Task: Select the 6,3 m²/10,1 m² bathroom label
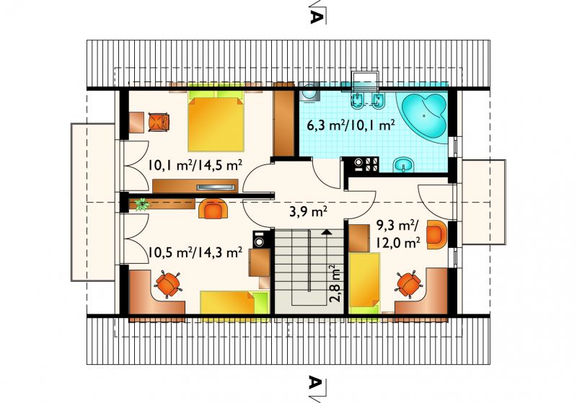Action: coord(351,125)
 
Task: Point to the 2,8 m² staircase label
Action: coord(334,283)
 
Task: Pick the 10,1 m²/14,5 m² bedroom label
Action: coord(195,164)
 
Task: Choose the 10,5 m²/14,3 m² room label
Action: coord(195,252)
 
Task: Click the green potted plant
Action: coord(141,204)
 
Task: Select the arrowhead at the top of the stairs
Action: coord(327,232)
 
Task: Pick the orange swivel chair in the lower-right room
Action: coord(408,283)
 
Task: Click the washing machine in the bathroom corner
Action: coord(310,92)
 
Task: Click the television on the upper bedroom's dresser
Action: coord(216,187)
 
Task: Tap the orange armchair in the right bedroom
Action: coord(437,234)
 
